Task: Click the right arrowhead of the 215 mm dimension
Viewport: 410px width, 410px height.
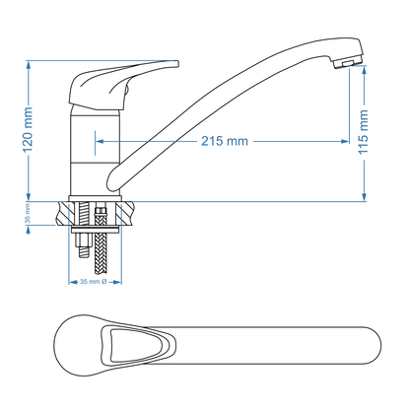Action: [346, 142]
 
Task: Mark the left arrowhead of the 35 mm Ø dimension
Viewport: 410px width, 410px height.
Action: [71, 281]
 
